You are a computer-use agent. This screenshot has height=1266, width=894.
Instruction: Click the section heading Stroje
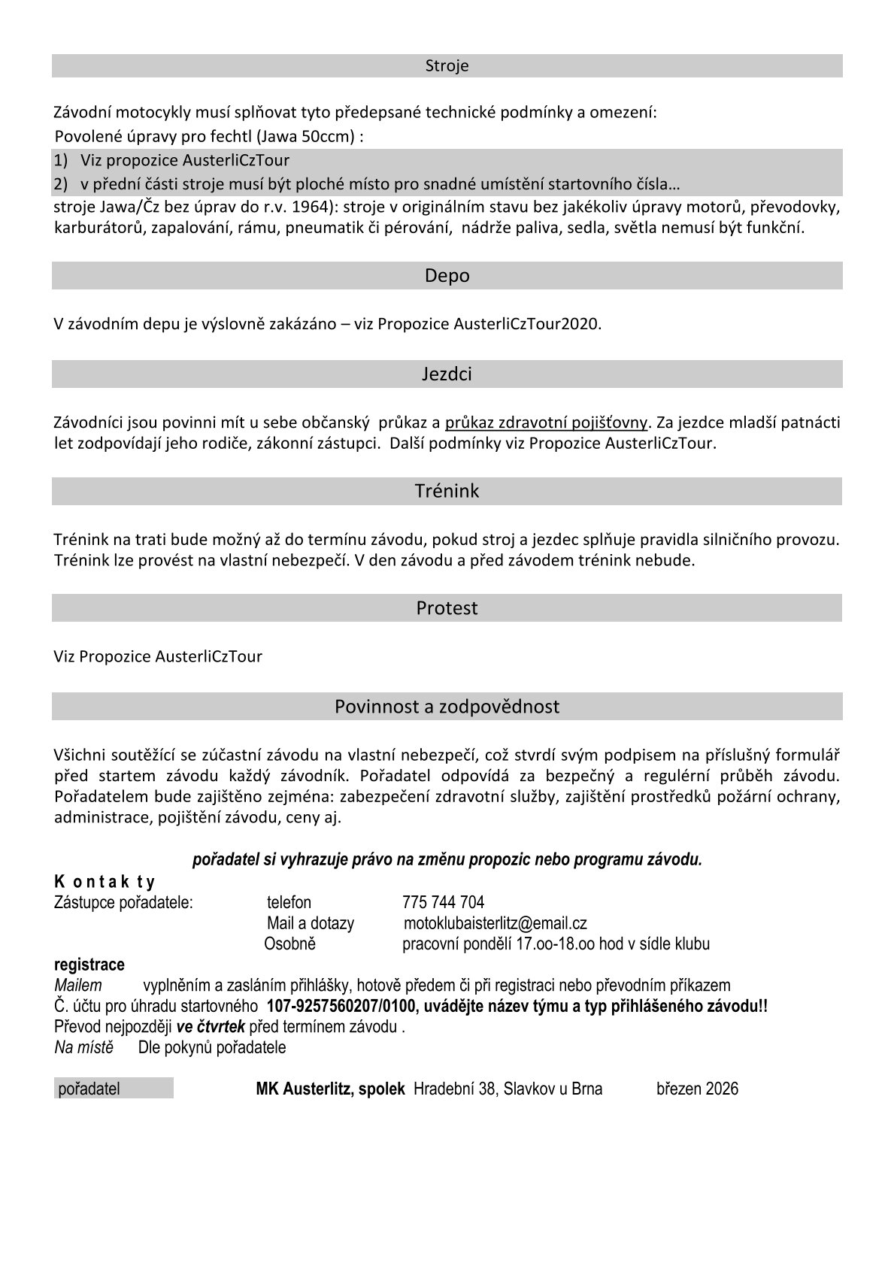pyautogui.click(x=447, y=65)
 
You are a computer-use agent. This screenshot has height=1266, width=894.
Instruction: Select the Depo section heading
pyautogui.click(x=447, y=275)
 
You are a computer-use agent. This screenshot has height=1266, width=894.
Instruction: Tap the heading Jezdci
pyautogui.click(x=447, y=374)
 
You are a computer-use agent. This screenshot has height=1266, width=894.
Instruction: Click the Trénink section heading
pyautogui.click(x=447, y=491)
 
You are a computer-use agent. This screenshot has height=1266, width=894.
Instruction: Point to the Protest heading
pyautogui.click(x=447, y=607)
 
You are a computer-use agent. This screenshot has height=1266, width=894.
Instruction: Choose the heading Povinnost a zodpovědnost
pyautogui.click(x=447, y=707)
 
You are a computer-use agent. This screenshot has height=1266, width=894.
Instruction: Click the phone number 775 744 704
pyautogui.click(x=443, y=902)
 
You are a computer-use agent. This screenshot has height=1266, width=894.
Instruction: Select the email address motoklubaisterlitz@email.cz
pyautogui.click(x=495, y=923)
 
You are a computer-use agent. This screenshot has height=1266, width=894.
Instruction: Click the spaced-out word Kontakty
pyautogui.click(x=105, y=882)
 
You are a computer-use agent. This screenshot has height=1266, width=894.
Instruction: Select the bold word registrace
pyautogui.click(x=89, y=965)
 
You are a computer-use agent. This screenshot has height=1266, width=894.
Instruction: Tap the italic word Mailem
pyautogui.click(x=78, y=986)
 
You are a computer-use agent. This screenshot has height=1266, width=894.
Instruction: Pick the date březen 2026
pyautogui.click(x=697, y=1089)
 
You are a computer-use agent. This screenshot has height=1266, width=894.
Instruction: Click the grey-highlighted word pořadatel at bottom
pyautogui.click(x=89, y=1089)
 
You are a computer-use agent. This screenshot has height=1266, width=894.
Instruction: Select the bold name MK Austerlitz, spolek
pyautogui.click(x=330, y=1089)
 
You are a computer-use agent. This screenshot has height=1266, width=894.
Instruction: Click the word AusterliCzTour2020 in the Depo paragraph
pyautogui.click(x=526, y=324)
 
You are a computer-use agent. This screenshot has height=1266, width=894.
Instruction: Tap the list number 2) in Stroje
pyautogui.click(x=61, y=183)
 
